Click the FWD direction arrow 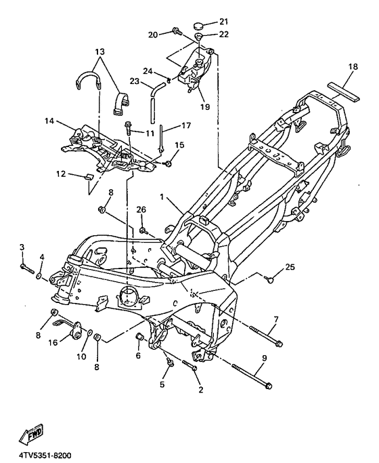coord(31,435)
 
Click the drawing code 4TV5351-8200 coord(45,456)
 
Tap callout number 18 coord(353,66)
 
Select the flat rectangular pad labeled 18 coord(344,92)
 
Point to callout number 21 coord(224,22)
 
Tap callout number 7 coord(276,319)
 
